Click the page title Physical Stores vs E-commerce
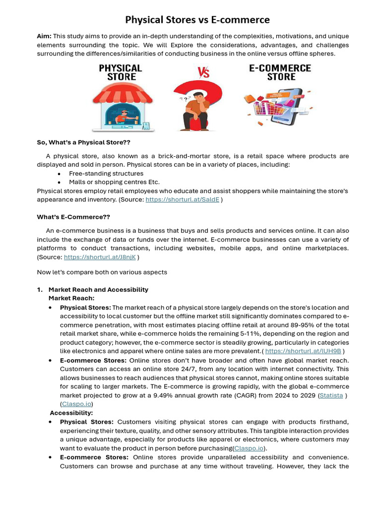coord(197,20)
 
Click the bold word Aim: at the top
coord(44,36)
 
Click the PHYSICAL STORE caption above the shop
coord(121,72)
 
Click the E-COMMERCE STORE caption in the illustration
coord(281,72)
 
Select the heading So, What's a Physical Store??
coord(83,142)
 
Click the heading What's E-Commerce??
coord(73,217)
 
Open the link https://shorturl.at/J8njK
coord(100,257)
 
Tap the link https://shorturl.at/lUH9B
coord(303,351)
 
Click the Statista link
coord(331,395)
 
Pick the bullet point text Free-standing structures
coord(106,174)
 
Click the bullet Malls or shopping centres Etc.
coord(114,182)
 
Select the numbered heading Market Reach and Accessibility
coord(98,290)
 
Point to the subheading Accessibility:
coord(71,413)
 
